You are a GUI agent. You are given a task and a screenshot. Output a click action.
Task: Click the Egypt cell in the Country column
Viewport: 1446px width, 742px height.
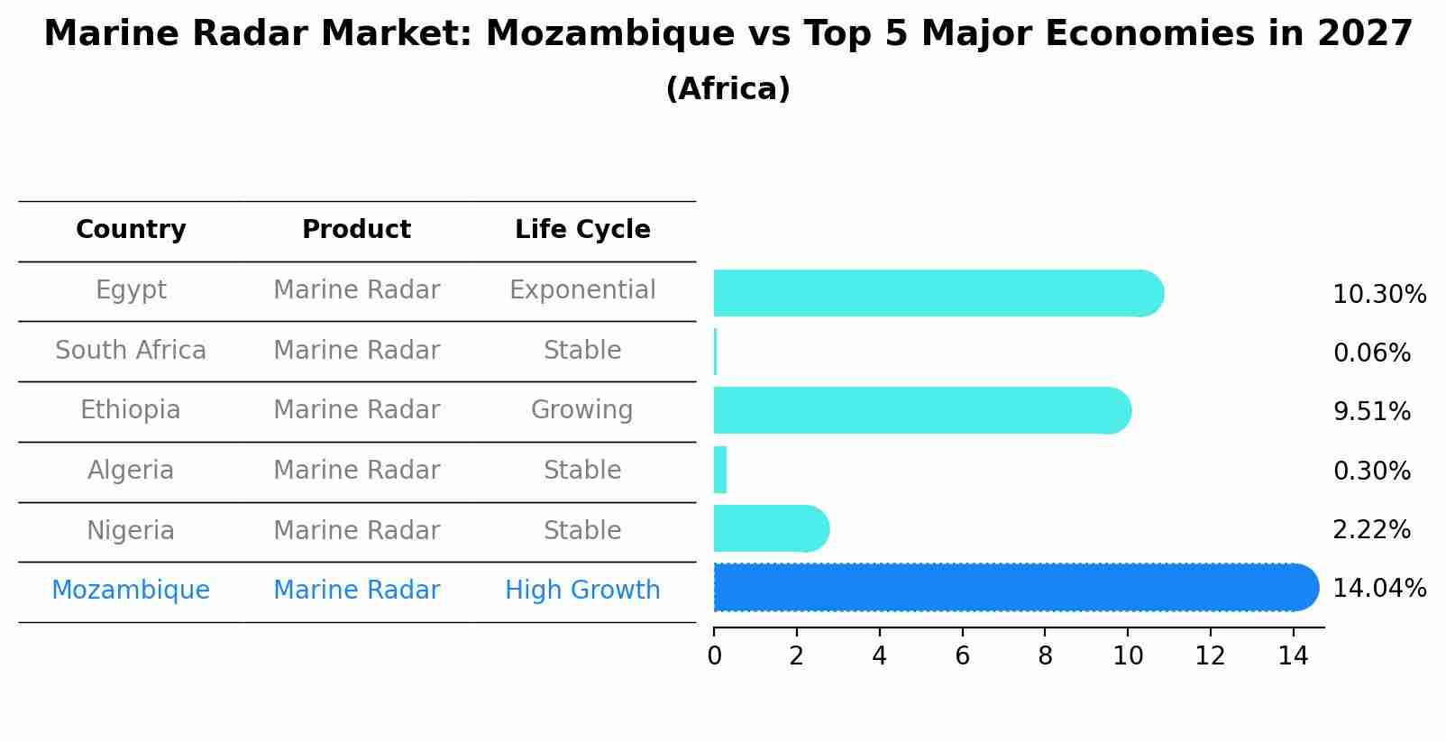pos(131,290)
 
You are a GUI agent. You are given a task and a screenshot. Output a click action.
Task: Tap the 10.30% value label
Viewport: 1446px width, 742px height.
pos(1379,295)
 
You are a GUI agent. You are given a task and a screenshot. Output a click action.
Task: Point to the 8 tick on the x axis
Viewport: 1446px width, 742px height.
pos(1045,656)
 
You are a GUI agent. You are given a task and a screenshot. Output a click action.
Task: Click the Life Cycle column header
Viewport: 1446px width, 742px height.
pos(582,230)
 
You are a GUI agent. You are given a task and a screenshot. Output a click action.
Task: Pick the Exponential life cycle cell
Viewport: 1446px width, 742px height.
pos(582,290)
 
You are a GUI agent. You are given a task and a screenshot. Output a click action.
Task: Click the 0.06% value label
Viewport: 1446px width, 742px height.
pos(1371,353)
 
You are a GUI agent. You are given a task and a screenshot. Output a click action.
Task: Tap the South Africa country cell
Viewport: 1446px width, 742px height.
pos(131,351)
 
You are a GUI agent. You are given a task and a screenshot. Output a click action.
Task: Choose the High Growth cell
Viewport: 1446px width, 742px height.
pos(582,591)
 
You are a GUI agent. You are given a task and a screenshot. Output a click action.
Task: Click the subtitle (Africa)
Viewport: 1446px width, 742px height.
pos(728,89)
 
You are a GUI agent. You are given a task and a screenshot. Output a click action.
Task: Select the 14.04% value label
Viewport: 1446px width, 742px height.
pos(1379,589)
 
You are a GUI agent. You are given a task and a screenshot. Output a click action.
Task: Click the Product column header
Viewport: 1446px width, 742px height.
pos(356,230)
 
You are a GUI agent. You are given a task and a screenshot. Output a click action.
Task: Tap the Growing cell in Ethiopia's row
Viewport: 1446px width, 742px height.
pos(582,410)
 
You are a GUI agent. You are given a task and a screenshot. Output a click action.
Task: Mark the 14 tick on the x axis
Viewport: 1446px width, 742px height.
pos(1293,656)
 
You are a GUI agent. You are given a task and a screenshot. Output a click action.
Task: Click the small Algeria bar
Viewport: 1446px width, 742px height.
pos(720,470)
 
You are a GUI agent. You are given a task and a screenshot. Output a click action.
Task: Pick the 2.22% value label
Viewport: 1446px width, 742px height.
pos(1371,530)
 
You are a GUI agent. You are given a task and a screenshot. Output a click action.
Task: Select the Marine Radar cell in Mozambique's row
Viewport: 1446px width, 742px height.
pos(356,591)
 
